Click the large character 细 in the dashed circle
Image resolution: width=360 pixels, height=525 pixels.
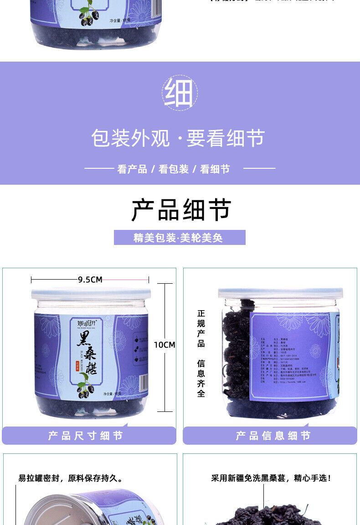pyautogui.click(x=180, y=93)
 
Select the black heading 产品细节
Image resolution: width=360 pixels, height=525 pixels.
pyautogui.click(x=181, y=210)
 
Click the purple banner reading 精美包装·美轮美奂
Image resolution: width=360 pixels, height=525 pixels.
pyautogui.click(x=180, y=238)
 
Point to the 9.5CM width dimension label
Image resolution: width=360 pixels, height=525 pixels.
pyautogui.click(x=90, y=280)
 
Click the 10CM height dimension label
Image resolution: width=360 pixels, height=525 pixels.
pyautogui.click(x=164, y=345)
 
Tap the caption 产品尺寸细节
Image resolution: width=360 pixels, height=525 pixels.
pyautogui.click(x=86, y=436)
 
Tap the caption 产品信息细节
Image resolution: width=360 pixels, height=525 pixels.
pyautogui.click(x=273, y=436)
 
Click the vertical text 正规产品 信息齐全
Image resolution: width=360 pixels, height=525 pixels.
pyautogui.click(x=201, y=353)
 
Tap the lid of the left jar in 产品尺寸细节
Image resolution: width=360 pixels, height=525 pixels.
pyautogui.click(x=90, y=293)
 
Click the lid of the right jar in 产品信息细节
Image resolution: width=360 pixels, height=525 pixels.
pyautogui.click(x=280, y=293)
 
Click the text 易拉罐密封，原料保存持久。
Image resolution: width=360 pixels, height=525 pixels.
pyautogui.click(x=71, y=478)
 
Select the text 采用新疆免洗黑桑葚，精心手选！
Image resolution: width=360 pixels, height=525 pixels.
pyautogui.click(x=271, y=478)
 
